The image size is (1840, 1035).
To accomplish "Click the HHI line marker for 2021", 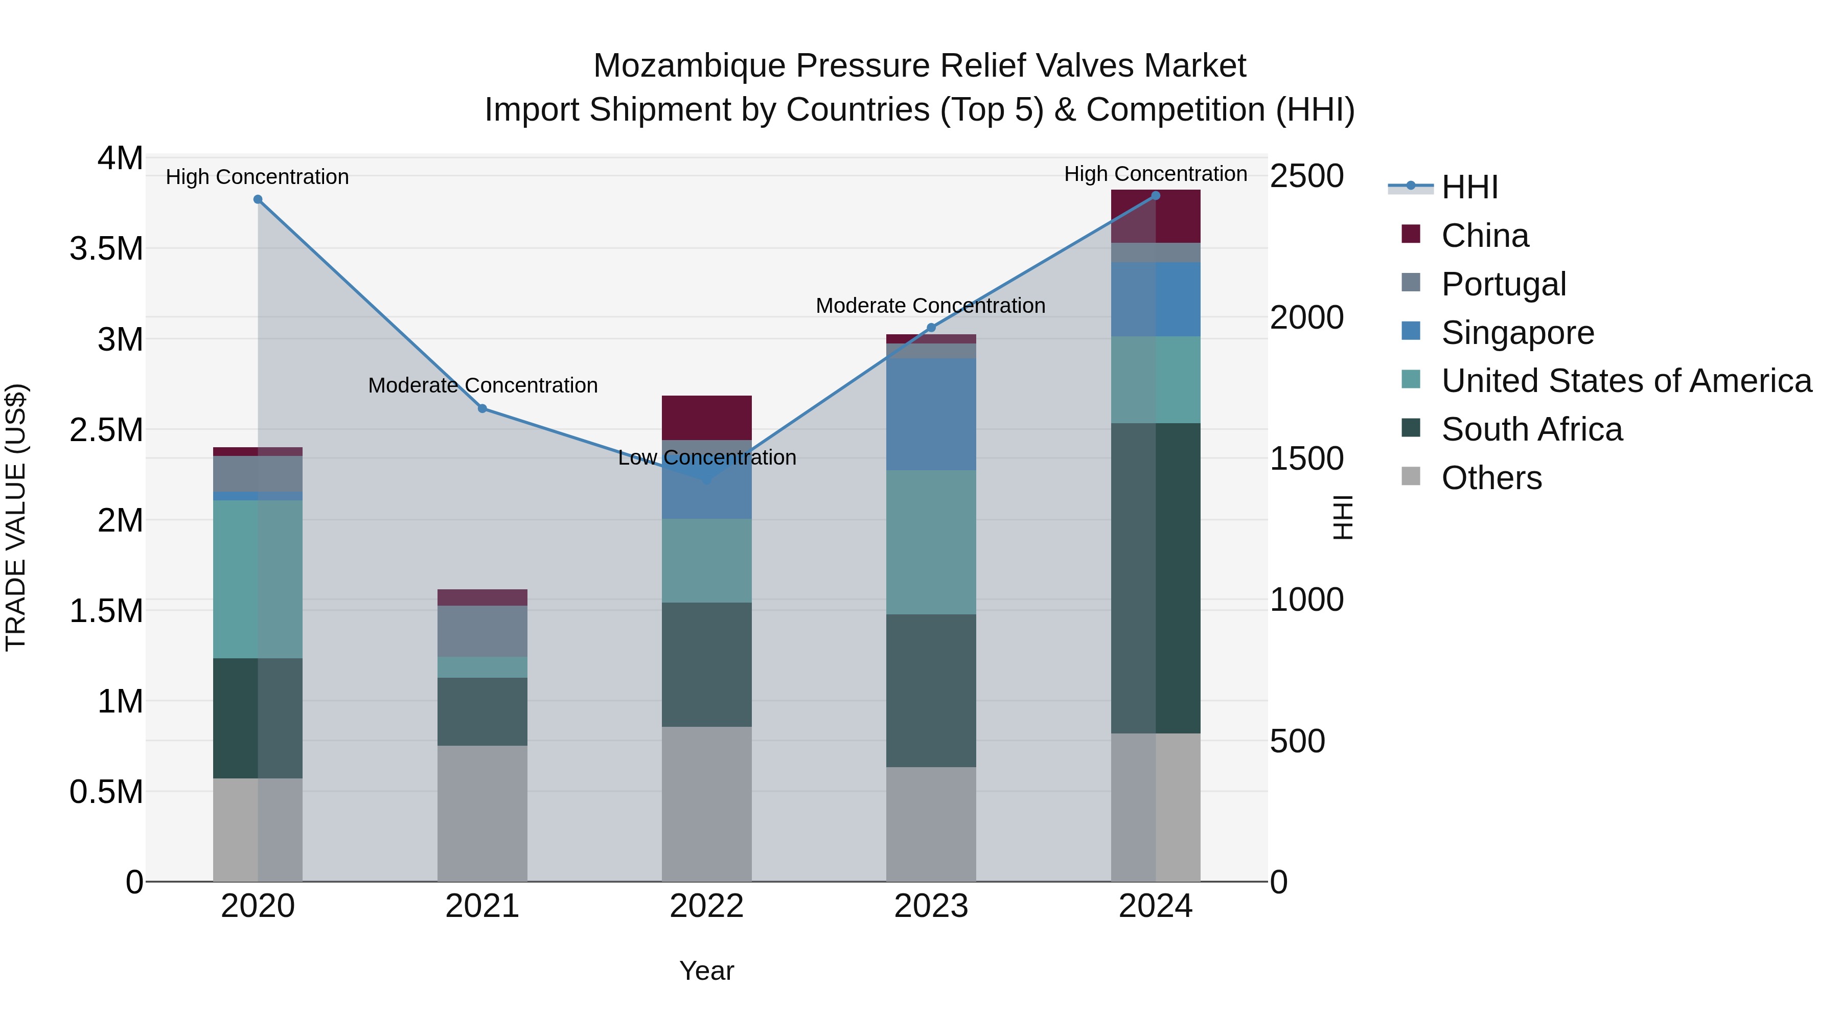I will coord(482,408).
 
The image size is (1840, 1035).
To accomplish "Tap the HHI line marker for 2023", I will coord(931,328).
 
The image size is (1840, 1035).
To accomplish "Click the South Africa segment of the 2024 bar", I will coord(1156,578).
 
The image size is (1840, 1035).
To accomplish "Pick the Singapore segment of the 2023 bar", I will coord(931,415).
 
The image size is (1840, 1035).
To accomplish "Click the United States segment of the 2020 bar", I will coord(258,579).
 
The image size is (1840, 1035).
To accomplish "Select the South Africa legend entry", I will coord(1531,429).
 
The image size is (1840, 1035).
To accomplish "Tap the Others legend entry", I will coord(1491,478).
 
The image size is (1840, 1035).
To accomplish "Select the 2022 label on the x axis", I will coord(706,906).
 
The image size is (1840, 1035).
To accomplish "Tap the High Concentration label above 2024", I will coord(1155,174).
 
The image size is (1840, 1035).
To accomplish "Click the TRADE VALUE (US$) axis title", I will coord(16,517).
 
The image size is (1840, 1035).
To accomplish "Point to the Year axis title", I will coord(706,971).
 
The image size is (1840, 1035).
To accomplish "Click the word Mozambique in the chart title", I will coord(689,66).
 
